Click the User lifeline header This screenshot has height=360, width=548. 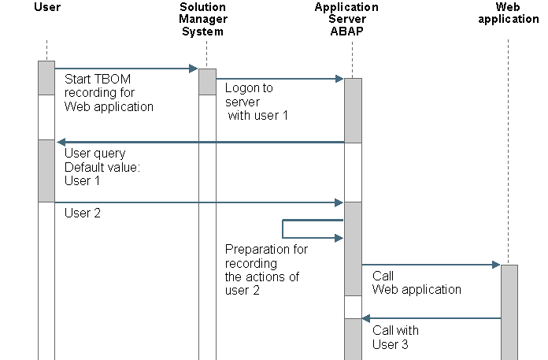tap(47, 7)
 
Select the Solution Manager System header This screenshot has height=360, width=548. tap(202, 20)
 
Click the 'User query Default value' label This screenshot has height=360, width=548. tap(98, 166)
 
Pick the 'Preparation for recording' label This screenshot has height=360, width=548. tap(266, 270)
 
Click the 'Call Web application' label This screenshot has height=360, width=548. tap(417, 283)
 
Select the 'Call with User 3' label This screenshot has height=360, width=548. tap(395, 337)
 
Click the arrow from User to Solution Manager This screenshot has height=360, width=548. tap(126, 69)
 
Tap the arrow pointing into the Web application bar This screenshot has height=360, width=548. tap(431, 265)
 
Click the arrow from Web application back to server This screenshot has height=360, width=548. tap(431, 318)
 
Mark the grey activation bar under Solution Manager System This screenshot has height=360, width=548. tap(207, 81)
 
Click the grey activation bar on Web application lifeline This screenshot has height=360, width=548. tap(509, 311)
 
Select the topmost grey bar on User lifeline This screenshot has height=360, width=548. tap(46, 76)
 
